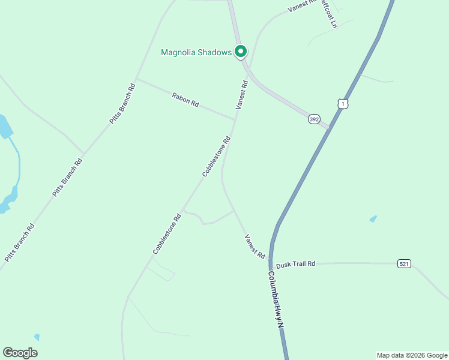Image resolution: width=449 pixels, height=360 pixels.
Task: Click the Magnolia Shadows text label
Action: pos(196,52)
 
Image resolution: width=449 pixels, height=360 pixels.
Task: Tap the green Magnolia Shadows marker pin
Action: pos(241,52)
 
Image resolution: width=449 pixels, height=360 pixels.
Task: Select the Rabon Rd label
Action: pos(185,100)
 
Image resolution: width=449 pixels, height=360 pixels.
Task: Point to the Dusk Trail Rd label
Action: pos(295,263)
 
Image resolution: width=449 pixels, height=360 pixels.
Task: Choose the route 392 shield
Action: pos(314,119)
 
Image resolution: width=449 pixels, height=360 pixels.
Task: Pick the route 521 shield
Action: pos(404,263)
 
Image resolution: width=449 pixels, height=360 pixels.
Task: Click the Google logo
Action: pos(20,352)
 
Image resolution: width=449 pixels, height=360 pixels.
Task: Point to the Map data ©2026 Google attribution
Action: pos(411,355)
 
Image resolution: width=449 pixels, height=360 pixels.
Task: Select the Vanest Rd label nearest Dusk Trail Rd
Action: pos(255,247)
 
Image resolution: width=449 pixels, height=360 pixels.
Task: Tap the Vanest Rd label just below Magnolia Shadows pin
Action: pos(241,94)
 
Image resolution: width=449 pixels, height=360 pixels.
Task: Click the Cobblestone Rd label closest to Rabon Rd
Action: pos(216,157)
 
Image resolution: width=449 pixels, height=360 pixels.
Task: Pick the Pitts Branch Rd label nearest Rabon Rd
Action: pos(122,103)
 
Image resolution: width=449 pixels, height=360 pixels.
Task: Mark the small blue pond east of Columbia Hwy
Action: pos(373,219)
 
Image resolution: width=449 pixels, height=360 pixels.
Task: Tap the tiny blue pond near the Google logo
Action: pos(37,337)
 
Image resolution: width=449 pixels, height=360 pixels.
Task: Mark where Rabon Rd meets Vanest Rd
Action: pos(235,119)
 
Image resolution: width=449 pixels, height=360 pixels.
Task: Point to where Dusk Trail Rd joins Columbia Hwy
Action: pos(271,263)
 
